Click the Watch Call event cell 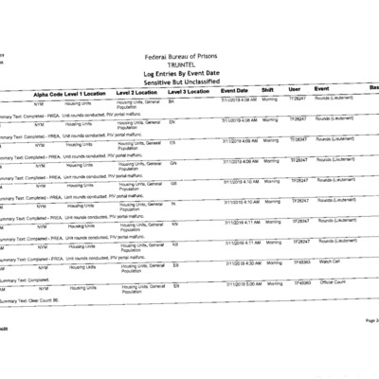[331, 261]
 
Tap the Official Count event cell [334, 281]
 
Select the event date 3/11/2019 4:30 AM [241, 262]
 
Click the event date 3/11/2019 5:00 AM [241, 283]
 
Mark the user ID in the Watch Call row [300, 262]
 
